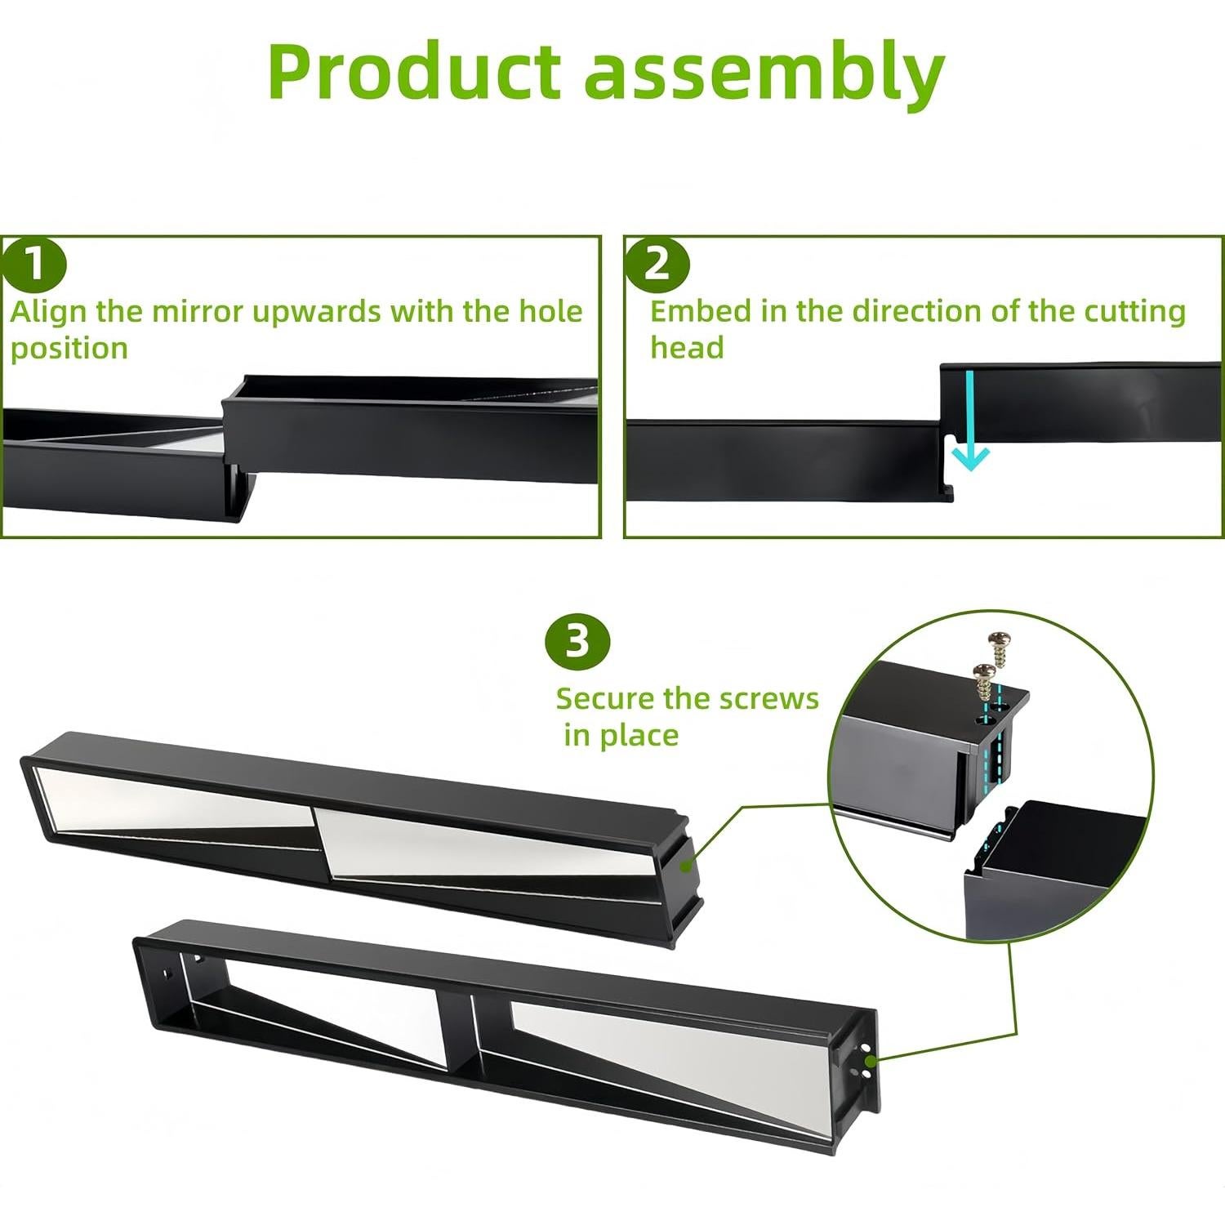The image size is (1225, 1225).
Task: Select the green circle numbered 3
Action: (577, 641)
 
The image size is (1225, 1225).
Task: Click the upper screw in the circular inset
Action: (997, 648)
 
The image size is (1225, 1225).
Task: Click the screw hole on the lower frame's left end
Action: (167, 974)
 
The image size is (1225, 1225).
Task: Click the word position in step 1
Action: (69, 349)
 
